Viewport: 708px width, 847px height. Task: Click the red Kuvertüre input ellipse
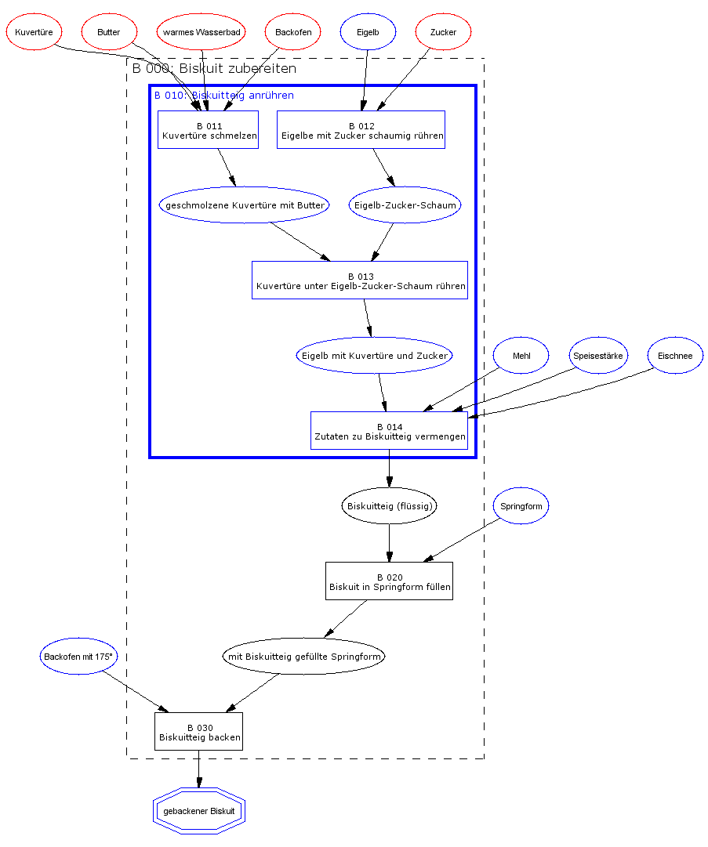click(34, 32)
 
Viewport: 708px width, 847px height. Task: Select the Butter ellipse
click(109, 32)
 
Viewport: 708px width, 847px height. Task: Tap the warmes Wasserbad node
click(202, 32)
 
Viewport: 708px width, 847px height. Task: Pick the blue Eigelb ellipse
click(368, 32)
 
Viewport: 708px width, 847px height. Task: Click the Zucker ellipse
click(443, 32)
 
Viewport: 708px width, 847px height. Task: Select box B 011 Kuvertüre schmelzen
click(209, 130)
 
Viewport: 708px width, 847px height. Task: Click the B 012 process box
click(361, 130)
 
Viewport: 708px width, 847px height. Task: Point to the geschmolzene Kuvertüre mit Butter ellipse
click(245, 205)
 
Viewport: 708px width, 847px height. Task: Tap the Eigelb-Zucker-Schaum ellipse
click(405, 205)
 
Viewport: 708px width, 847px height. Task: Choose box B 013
click(360, 281)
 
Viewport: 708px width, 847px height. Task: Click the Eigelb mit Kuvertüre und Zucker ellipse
click(375, 356)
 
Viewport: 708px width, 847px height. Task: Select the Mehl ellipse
click(521, 356)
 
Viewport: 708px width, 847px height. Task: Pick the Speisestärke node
click(597, 356)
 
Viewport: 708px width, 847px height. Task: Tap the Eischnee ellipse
click(675, 356)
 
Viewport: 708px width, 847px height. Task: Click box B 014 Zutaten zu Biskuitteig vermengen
click(389, 431)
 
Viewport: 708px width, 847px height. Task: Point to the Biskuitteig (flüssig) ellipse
click(389, 506)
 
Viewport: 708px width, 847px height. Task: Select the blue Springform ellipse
click(521, 506)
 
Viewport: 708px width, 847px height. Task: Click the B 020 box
click(389, 581)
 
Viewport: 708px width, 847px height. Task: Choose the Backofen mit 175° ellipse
click(78, 657)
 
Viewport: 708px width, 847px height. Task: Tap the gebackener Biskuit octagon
click(199, 811)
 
